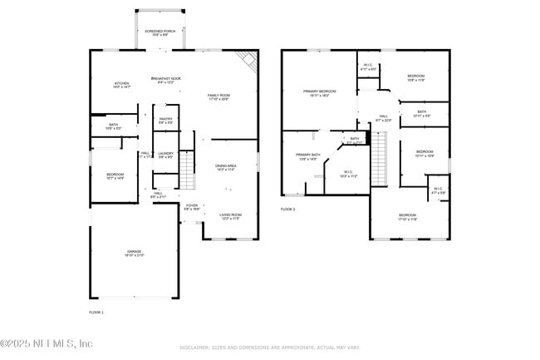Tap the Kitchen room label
tap(121, 85)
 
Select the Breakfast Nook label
tap(166, 80)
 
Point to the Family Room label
tap(218, 97)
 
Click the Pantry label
tap(165, 121)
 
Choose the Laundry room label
tap(165, 155)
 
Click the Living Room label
tap(230, 216)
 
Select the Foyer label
tap(192, 207)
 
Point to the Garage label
tap(135, 253)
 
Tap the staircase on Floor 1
tap(187, 170)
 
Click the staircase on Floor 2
tap(379, 155)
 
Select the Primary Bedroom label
tap(320, 93)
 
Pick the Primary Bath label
tap(307, 156)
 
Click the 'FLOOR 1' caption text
tap(96, 312)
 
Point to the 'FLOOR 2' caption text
tap(287, 209)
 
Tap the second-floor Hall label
tap(383, 118)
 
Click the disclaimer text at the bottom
tap(270, 348)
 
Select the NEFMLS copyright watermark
tap(47, 343)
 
